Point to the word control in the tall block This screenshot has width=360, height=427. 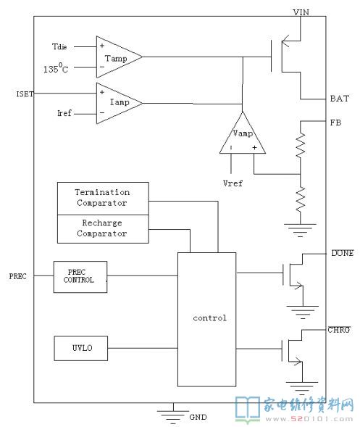[x=209, y=318]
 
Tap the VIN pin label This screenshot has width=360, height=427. [x=301, y=12]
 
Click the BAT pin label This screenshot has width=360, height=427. [x=339, y=99]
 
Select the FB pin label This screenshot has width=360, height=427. [x=335, y=123]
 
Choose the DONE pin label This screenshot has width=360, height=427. [x=343, y=253]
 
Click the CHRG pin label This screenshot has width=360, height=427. [x=339, y=330]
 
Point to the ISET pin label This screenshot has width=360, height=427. [x=25, y=94]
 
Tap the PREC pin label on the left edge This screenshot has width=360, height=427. [x=17, y=276]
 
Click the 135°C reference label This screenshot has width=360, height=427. [x=56, y=68]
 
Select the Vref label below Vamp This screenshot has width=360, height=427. [x=233, y=183]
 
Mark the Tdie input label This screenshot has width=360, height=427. [x=59, y=46]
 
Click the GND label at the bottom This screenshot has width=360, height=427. [x=198, y=417]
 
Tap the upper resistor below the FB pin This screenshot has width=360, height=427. [x=301, y=146]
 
